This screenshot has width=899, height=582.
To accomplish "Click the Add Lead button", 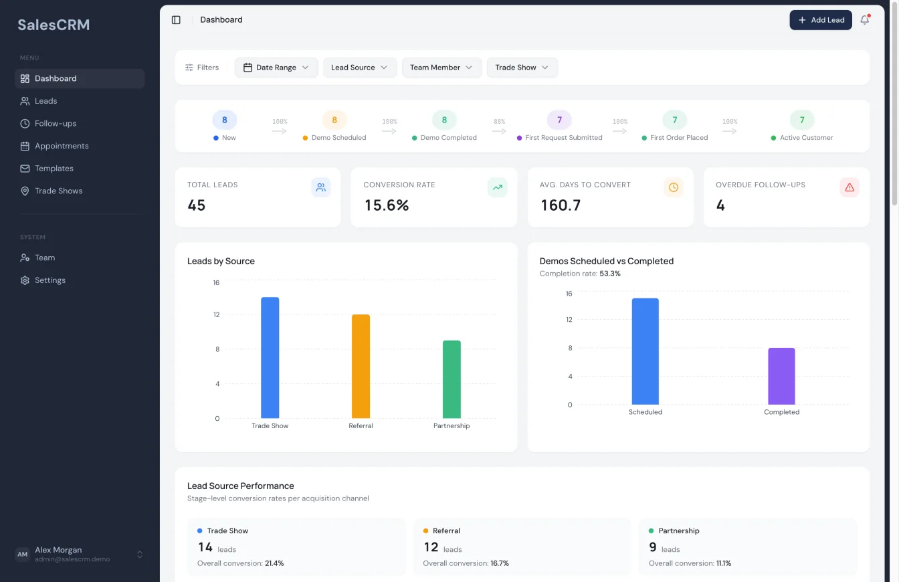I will coord(821,20).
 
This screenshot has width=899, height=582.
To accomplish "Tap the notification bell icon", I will coord(865,20).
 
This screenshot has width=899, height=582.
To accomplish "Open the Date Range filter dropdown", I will coord(276,68).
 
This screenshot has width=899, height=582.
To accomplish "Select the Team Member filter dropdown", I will coord(441,68).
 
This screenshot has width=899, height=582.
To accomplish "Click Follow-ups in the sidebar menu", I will coord(56,124).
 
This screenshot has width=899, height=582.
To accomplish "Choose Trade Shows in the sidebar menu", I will coord(58,191).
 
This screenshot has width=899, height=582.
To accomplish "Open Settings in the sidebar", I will coord(50,280).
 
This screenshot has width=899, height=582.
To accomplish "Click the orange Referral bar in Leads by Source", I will coord(361,367).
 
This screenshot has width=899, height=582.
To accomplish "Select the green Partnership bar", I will coord(452,379).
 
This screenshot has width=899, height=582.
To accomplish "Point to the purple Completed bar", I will coord(781,376).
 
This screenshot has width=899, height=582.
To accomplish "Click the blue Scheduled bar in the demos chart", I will coord(645,351).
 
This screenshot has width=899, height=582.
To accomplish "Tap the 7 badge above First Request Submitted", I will coord(559,120).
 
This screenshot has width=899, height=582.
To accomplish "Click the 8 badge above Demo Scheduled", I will coord(334,120).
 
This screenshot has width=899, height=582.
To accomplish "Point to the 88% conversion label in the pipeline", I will coord(499,122).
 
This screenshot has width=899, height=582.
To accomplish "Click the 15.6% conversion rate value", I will coord(387,205).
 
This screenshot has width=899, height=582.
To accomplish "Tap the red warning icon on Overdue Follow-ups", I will coord(850,187).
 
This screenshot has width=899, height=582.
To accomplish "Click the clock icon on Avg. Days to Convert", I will coord(673,187).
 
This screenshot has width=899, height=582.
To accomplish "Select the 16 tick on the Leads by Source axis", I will coord(216,283).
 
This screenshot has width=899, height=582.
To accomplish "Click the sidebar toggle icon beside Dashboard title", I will coord(176,20).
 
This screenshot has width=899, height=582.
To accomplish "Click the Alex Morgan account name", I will coord(58,550).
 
